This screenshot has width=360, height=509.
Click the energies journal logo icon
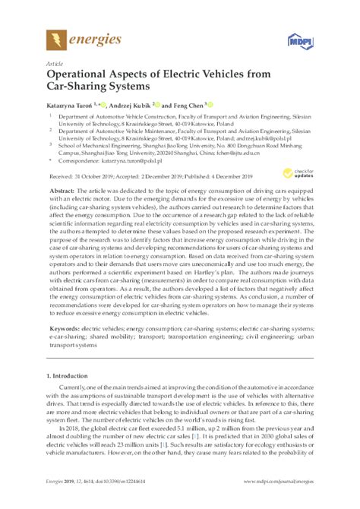(x=55, y=37)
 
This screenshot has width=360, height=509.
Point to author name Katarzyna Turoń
(x=72, y=104)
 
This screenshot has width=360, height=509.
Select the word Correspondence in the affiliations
(x=78, y=161)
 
